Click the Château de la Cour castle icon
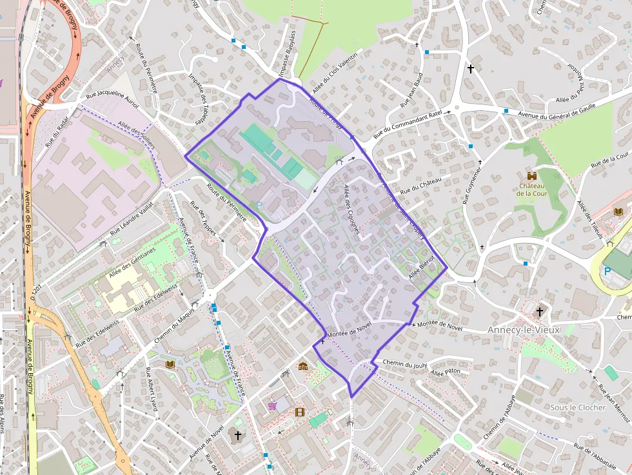click(532, 175)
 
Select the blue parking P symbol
click(607, 271)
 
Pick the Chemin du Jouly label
click(405, 364)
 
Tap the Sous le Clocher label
click(578, 407)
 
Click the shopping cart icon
click(273, 405)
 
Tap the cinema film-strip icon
click(300, 412)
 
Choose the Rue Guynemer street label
click(473, 186)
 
